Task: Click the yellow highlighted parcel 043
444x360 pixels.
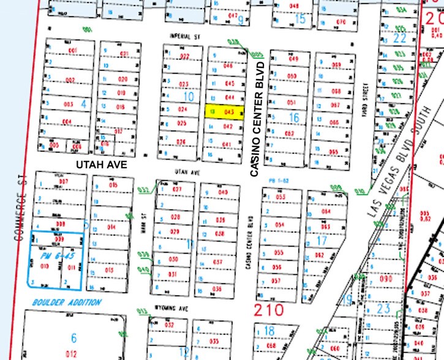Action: [x=225, y=112]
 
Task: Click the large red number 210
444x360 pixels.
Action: [x=269, y=309]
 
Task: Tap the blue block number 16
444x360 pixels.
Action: [x=294, y=118]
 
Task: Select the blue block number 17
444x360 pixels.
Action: [x=320, y=241]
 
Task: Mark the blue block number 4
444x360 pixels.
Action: [x=84, y=103]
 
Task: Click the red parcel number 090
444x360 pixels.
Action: [x=386, y=279]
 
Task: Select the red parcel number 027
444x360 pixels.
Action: [x=178, y=190]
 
